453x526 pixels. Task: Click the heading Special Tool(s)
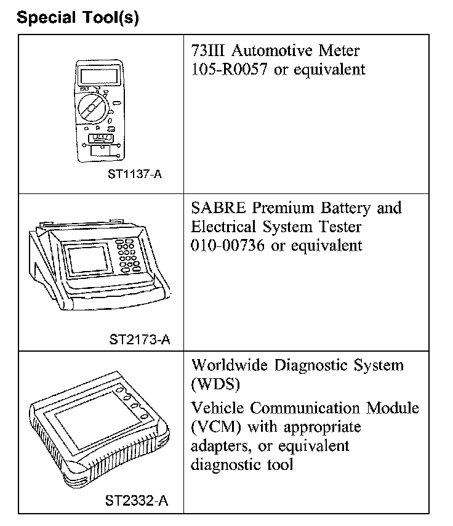78,17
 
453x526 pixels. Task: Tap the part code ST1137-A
135,174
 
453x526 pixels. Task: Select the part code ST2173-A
140,338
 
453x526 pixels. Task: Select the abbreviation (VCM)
215,427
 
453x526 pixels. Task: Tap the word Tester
338,227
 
